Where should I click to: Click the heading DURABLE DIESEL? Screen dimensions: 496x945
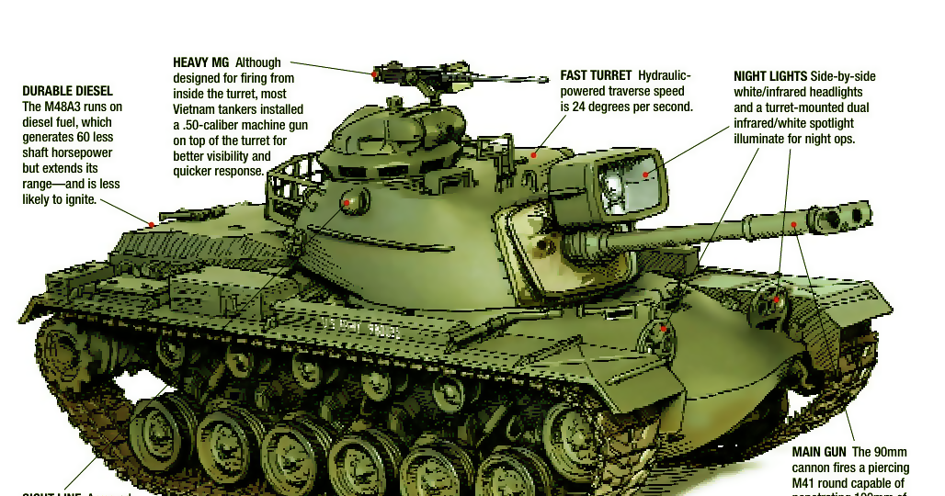pyautogui.click(x=67, y=92)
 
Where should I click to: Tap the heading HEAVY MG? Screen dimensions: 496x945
pyautogui.click(x=200, y=63)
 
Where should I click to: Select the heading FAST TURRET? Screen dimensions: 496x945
pyautogui.click(x=596, y=76)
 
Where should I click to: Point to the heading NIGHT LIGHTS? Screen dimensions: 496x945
pyautogui.click(x=770, y=77)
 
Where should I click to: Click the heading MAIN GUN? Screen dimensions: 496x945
pyautogui.click(x=819, y=453)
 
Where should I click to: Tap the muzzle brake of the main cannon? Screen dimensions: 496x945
pyautogui.click(x=844, y=217)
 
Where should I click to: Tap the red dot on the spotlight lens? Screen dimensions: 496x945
pyautogui.click(x=646, y=174)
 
